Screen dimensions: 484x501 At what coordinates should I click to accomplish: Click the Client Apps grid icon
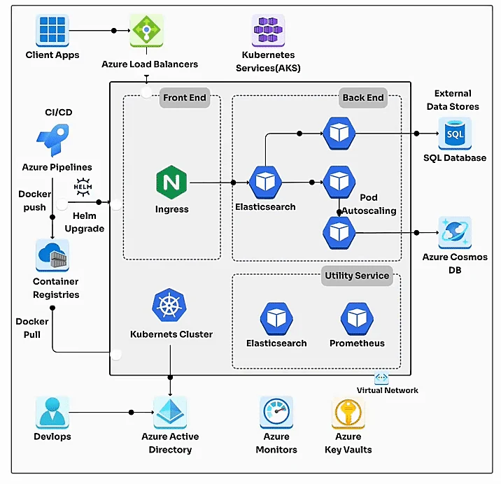click(x=52, y=30)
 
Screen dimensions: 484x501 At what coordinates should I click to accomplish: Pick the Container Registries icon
click(x=52, y=255)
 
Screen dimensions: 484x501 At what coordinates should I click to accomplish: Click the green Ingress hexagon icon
click(x=171, y=183)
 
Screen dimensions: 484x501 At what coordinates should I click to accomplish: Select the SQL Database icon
click(x=455, y=133)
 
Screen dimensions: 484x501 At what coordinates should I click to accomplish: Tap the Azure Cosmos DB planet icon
click(x=455, y=232)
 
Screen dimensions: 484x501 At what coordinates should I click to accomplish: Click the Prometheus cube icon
click(x=357, y=319)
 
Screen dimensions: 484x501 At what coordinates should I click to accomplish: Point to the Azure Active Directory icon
click(x=170, y=412)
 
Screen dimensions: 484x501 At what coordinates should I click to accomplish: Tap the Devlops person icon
click(x=52, y=412)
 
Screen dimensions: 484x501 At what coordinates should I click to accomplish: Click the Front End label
click(x=184, y=97)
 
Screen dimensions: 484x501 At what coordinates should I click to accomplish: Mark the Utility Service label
click(x=356, y=276)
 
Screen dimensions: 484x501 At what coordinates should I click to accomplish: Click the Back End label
click(x=362, y=97)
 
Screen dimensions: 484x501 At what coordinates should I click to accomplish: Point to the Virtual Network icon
click(x=381, y=378)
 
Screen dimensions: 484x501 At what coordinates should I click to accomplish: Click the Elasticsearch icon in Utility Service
click(x=276, y=319)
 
